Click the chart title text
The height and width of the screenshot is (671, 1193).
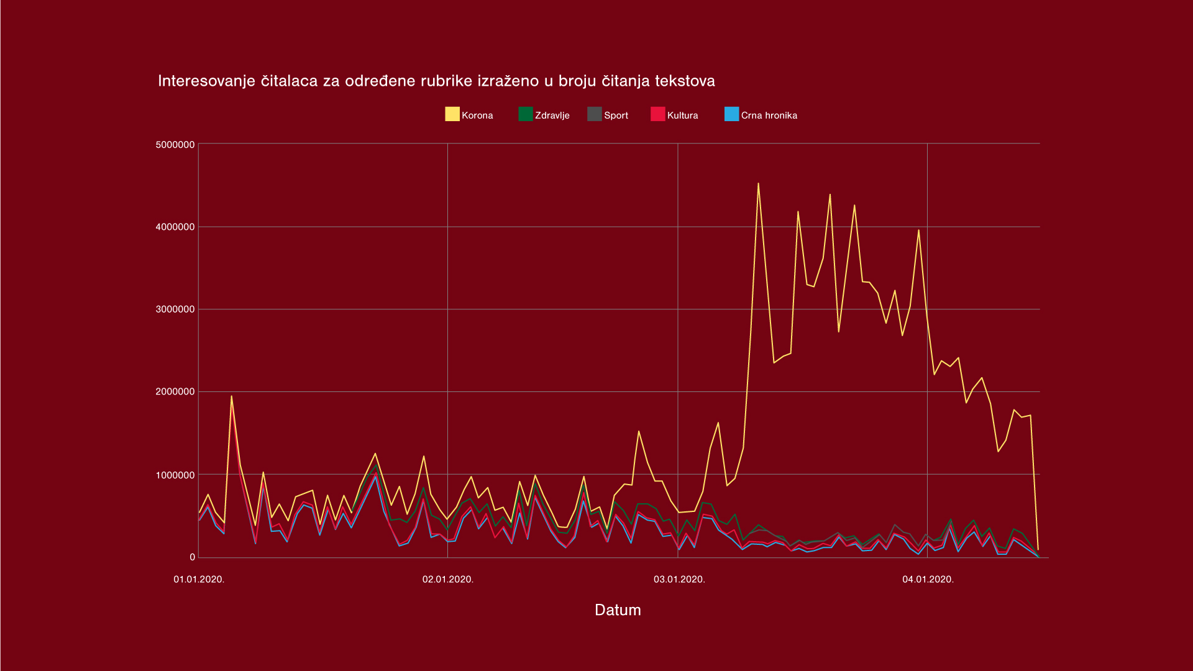coord(436,81)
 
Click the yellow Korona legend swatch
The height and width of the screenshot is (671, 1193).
coord(452,114)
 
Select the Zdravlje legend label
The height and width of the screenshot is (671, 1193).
coord(552,116)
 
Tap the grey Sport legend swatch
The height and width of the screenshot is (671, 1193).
coord(594,114)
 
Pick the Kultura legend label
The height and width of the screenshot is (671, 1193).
coord(682,116)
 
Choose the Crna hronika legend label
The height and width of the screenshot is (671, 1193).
coord(769,116)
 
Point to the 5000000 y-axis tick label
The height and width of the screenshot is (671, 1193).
coord(175,145)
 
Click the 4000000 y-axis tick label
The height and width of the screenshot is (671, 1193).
coord(175,227)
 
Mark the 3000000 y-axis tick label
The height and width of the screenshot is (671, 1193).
coord(175,309)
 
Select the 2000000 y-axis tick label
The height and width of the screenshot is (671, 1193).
coord(175,392)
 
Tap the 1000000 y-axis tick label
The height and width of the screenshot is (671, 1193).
coord(175,475)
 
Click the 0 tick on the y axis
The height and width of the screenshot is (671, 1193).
coord(193,557)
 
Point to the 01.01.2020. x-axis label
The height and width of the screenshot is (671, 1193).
coord(199,580)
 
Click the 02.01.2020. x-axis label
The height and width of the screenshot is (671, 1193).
coord(448,580)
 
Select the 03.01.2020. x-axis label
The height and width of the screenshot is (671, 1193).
coord(679,580)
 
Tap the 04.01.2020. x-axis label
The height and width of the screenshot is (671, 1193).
coord(928,580)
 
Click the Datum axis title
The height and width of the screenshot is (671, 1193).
coord(618,610)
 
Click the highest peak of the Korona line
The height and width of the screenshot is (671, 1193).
coord(758,184)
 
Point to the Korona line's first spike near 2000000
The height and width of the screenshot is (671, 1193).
coord(232,396)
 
